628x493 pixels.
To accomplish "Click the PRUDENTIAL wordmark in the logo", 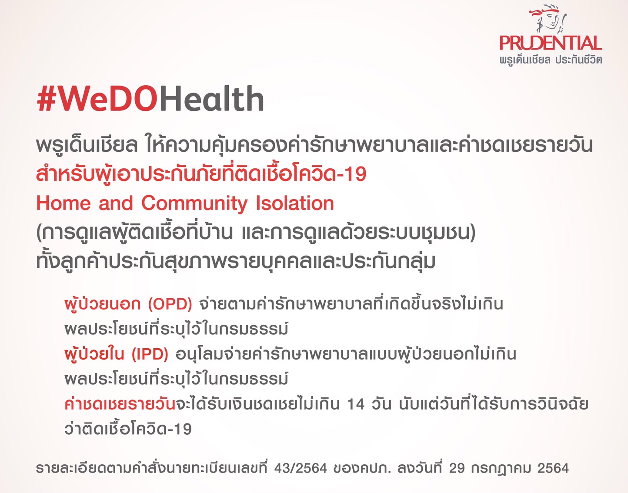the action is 551,43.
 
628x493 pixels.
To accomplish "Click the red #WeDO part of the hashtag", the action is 98,99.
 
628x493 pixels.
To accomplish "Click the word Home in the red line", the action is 63,203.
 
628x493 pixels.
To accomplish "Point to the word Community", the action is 194,204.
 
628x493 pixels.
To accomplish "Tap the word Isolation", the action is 295,203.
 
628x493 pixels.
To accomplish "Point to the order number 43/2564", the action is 301,468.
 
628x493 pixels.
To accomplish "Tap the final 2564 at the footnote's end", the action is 553,468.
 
